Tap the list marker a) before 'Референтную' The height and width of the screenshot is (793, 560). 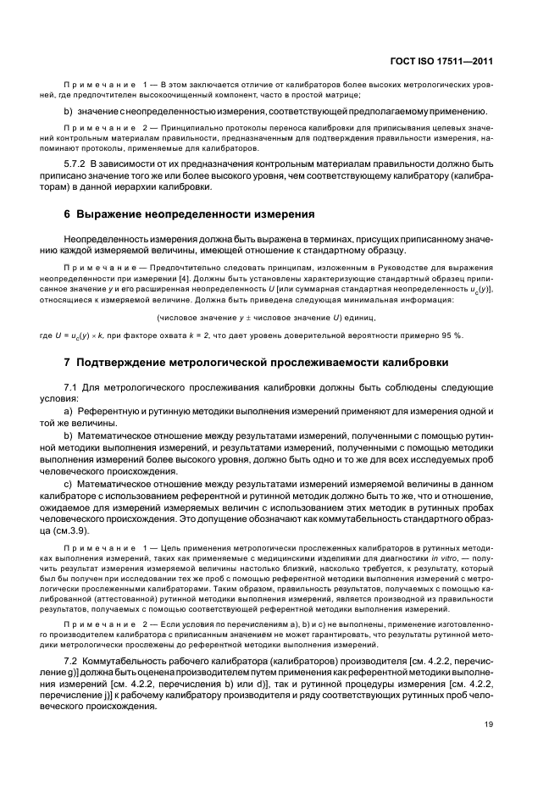pyautogui.click(x=69, y=410)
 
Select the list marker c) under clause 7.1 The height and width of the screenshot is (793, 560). pyautogui.click(x=69, y=481)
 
